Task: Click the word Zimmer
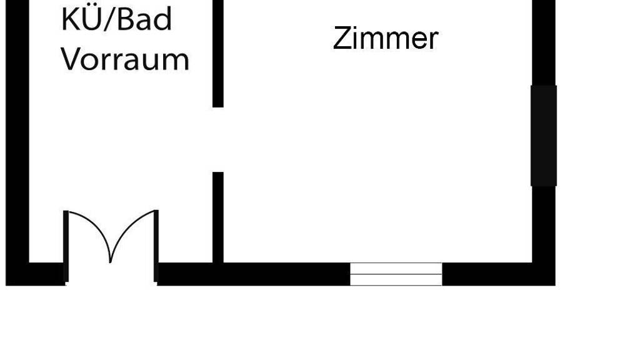click(x=385, y=39)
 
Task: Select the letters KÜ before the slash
click(x=78, y=20)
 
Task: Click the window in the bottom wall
click(x=396, y=274)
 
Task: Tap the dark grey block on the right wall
click(x=543, y=135)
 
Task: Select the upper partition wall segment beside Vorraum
click(x=217, y=53)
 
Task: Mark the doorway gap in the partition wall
click(x=217, y=139)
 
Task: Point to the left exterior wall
click(x=17, y=137)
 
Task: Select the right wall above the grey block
click(x=543, y=41)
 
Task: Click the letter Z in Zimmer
click(x=341, y=39)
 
